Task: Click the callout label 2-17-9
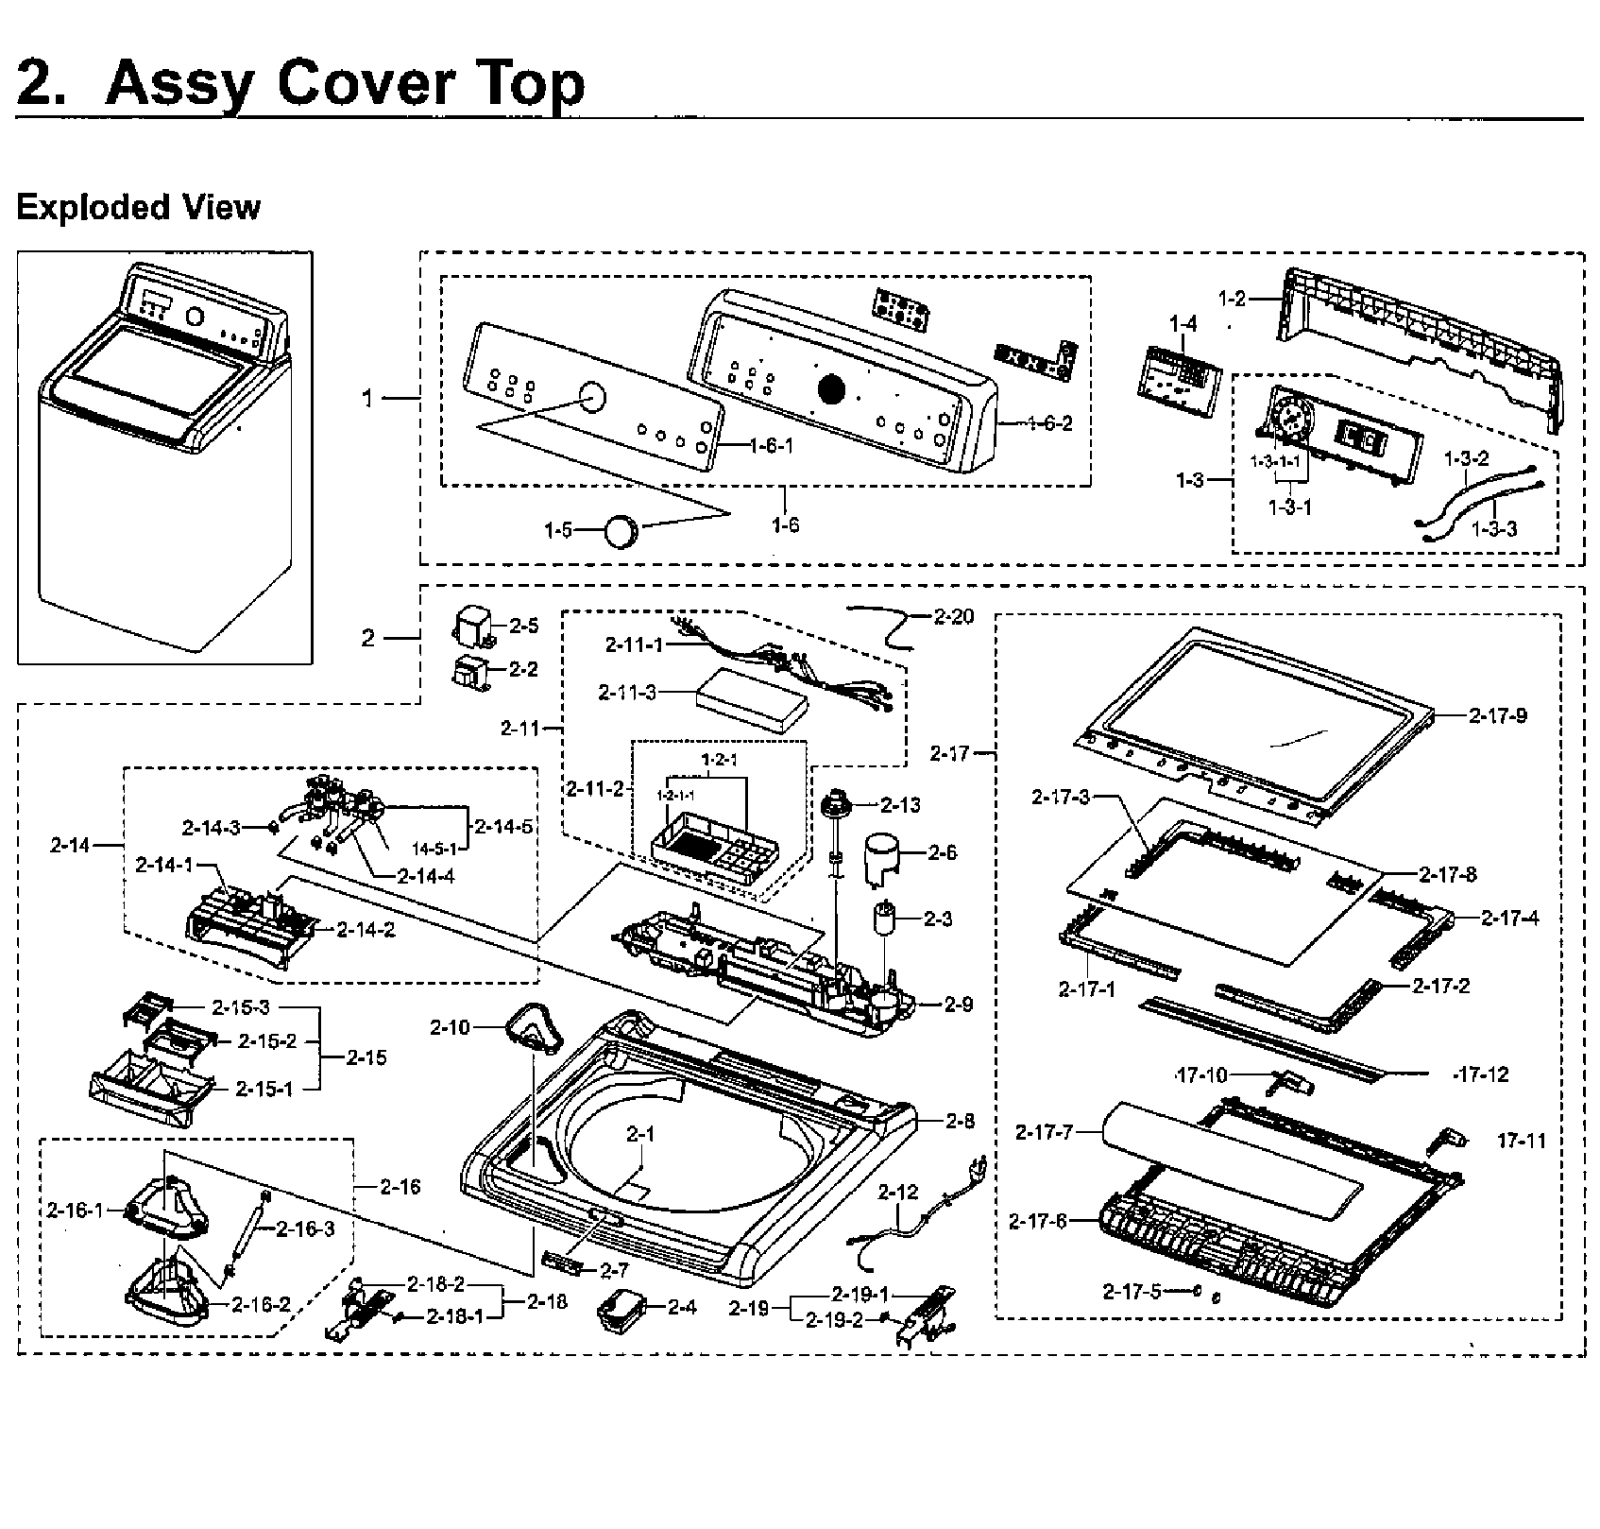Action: pos(1498,715)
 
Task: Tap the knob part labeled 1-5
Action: pos(621,531)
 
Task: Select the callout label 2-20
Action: pos(954,617)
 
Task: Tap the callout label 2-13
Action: pos(900,804)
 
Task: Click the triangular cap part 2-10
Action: pos(533,1029)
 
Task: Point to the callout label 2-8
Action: pos(961,1121)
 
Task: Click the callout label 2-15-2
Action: pos(267,1040)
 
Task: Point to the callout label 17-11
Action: pos(1522,1141)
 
